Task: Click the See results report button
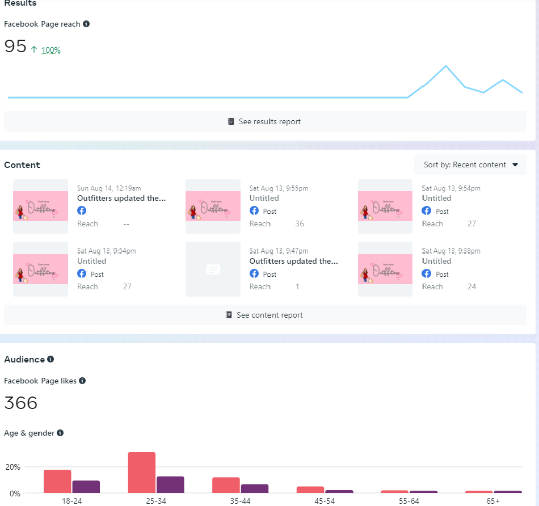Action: click(x=265, y=121)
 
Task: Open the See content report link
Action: click(x=265, y=315)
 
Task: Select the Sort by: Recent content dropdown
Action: click(x=470, y=165)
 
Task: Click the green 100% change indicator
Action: click(x=50, y=50)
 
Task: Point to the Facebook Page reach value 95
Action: click(x=15, y=47)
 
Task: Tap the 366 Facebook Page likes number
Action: click(x=21, y=403)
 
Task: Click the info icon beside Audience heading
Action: click(x=50, y=359)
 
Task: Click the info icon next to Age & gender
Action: click(x=60, y=433)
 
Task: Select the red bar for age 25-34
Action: click(x=142, y=473)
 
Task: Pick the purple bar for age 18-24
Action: click(x=86, y=487)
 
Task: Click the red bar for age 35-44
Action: click(x=226, y=485)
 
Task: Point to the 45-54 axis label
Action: click(x=310, y=501)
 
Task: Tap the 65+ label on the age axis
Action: click(x=493, y=501)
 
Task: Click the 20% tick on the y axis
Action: click(x=13, y=467)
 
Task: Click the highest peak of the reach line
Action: click(x=446, y=66)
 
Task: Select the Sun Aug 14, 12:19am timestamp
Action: click(x=109, y=188)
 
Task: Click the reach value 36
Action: click(x=300, y=224)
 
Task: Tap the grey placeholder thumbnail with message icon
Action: click(x=213, y=269)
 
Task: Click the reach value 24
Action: click(x=472, y=286)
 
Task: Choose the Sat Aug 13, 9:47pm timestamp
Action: click(x=279, y=251)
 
